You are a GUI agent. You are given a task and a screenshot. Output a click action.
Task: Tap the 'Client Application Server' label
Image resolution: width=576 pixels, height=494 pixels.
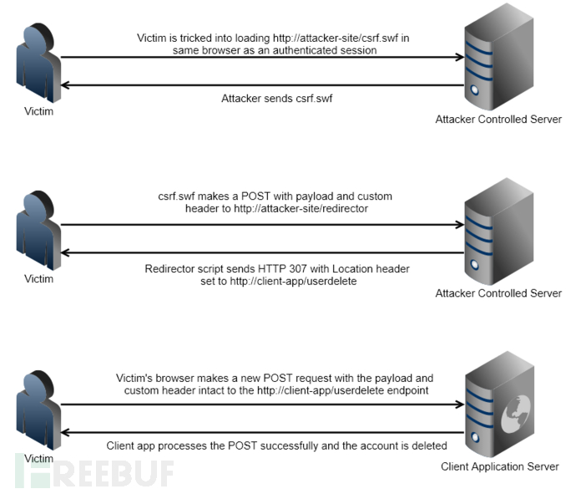(x=499, y=466)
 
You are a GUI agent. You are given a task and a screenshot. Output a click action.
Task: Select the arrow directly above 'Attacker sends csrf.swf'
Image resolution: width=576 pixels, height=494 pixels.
(x=263, y=85)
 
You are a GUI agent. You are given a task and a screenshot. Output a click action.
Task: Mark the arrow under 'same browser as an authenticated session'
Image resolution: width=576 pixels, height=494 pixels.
(x=263, y=59)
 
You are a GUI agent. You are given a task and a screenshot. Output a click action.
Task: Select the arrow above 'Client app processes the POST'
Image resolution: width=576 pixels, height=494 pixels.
(x=263, y=431)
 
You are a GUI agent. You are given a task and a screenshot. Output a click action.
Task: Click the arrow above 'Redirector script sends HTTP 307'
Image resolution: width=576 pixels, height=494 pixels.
(x=263, y=252)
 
